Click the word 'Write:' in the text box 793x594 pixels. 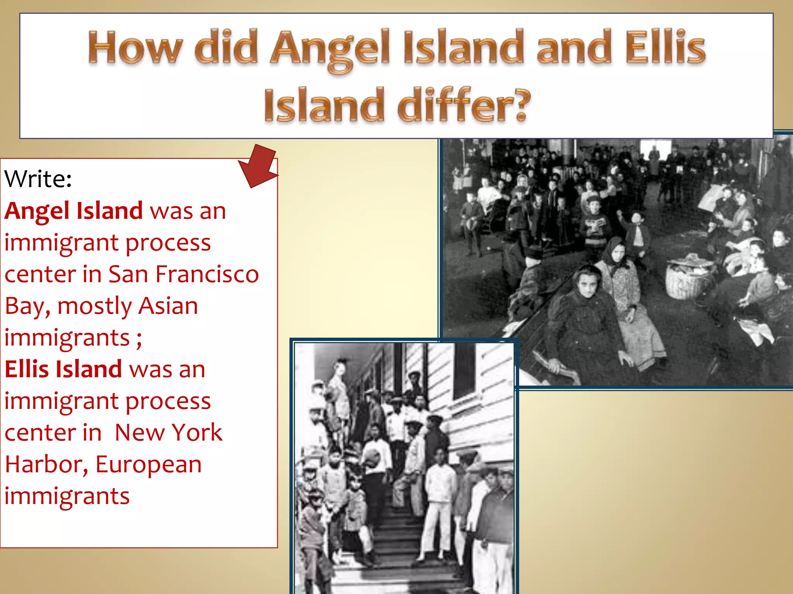coord(38,179)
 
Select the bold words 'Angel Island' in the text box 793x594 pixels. coord(74,211)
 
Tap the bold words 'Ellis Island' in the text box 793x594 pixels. coord(63,369)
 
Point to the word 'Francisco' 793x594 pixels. coord(207,274)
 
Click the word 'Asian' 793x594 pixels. coord(168,306)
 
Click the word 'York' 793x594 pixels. coord(197,432)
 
